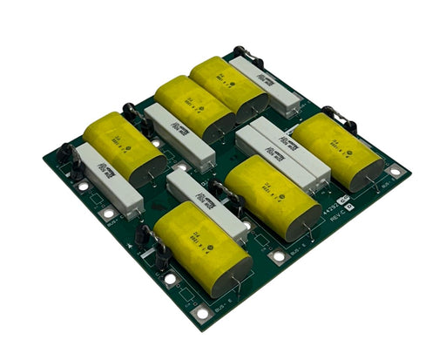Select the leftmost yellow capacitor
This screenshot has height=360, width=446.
[123, 144]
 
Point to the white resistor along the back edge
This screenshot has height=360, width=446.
[266, 83]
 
